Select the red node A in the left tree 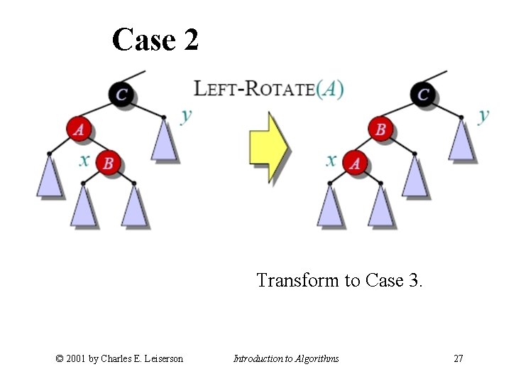click(80, 129)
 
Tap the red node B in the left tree click(108, 163)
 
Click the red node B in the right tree click(381, 129)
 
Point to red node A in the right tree click(355, 164)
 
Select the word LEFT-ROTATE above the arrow click(254, 89)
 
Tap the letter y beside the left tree click(186, 114)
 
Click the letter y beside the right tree click(483, 114)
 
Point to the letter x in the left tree click(84, 160)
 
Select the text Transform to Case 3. click(339, 280)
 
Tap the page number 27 click(458, 358)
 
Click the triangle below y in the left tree click(164, 141)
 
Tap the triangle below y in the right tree click(462, 141)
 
